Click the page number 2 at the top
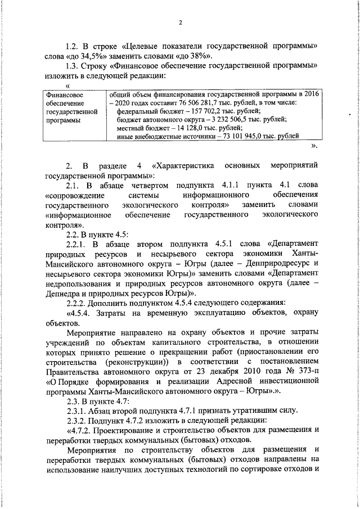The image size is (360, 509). point(181,22)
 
